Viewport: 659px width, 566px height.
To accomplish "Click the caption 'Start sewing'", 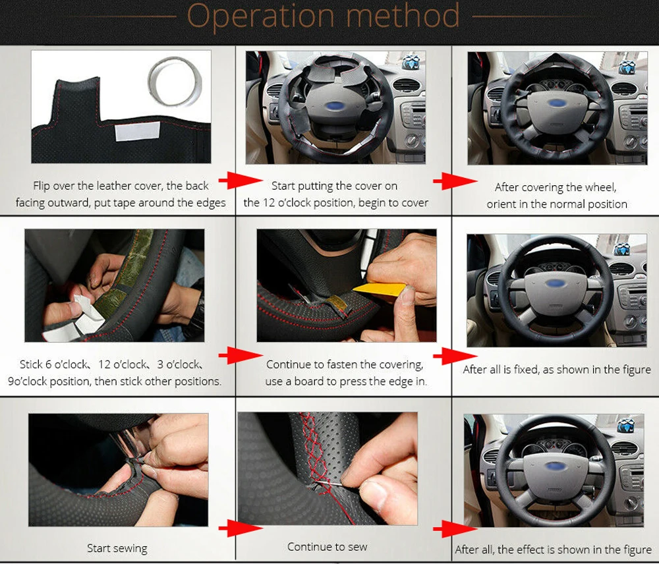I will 117,548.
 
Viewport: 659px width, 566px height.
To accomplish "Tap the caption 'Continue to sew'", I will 327,546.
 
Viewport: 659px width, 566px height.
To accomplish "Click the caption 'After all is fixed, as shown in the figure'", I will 556,370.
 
